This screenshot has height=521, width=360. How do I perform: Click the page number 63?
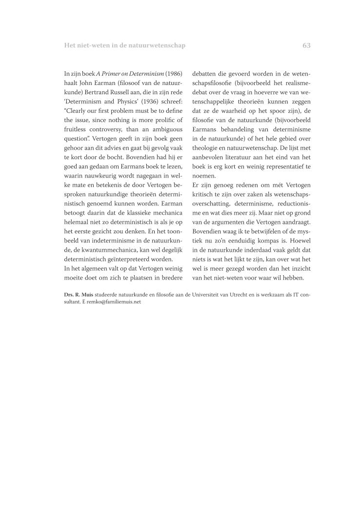coord(306,45)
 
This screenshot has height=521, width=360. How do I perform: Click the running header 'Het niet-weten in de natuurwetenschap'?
coord(125,45)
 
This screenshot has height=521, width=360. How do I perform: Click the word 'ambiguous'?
coord(166,129)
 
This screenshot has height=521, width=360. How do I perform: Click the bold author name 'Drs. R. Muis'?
coord(80,295)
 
